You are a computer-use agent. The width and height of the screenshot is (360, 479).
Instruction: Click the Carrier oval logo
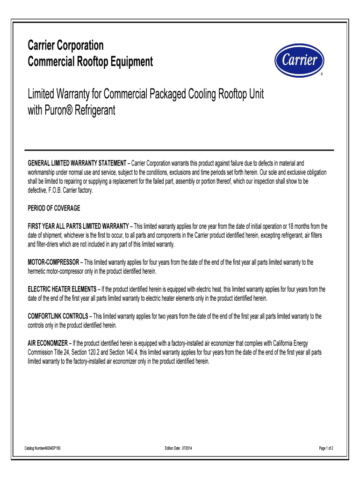coord(299,60)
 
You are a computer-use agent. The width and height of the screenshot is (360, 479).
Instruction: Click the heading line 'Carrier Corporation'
coord(66,46)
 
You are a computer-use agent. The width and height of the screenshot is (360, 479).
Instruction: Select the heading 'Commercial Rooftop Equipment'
coord(90,61)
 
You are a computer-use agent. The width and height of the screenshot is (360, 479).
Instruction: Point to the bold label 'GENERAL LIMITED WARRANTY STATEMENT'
coord(77,163)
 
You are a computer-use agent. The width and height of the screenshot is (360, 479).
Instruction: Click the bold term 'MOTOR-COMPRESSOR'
coord(54,262)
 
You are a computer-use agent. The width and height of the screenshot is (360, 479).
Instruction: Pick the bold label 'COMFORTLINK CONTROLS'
coord(58,316)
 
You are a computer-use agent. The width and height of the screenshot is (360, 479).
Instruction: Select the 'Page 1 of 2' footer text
coord(326,449)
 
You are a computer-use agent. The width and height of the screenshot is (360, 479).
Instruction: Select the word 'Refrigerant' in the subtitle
coord(96,111)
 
